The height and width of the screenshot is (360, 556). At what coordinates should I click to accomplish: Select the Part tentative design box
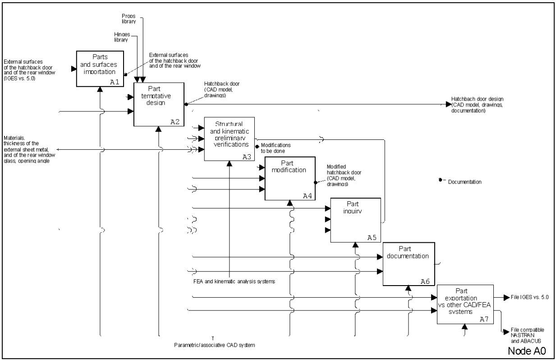159,104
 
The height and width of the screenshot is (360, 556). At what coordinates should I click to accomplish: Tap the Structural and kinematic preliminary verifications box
230,138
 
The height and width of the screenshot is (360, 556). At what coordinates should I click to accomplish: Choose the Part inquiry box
355,220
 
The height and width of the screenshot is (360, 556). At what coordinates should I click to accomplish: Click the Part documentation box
409,263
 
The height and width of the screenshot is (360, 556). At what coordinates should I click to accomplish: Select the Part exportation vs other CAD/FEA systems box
465,304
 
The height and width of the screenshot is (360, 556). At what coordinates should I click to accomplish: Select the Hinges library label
121,37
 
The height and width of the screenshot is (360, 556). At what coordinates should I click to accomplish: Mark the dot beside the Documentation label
440,181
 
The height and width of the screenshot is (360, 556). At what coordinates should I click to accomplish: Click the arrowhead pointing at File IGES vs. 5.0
503,298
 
